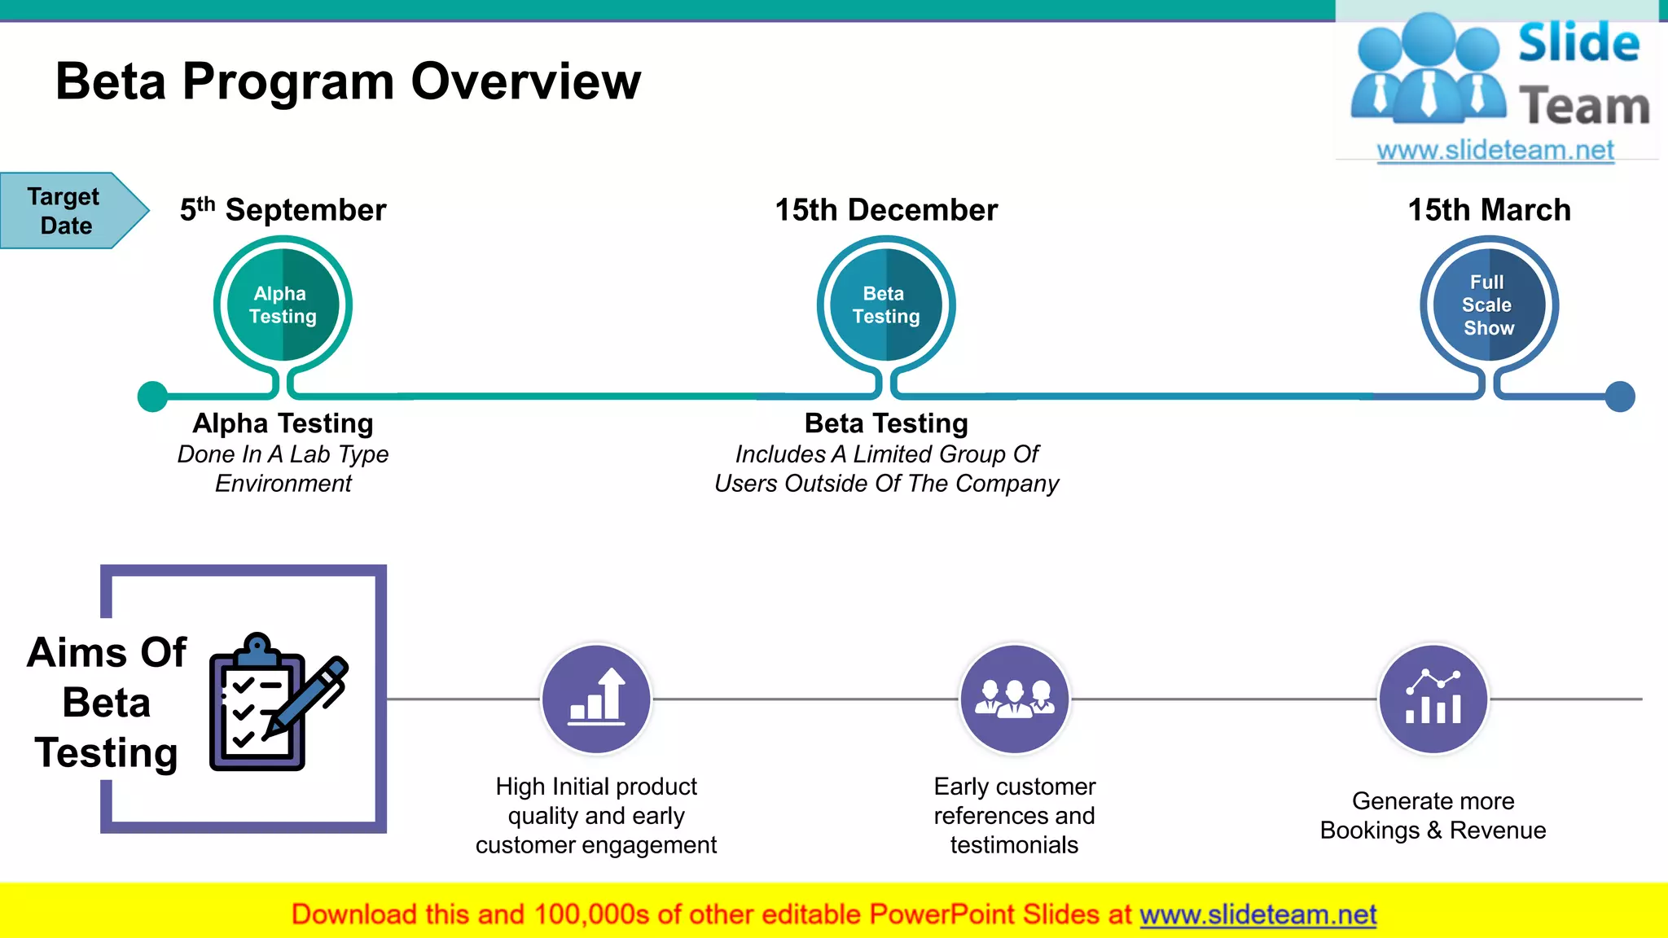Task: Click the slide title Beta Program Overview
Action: [348, 81]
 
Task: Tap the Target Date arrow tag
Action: [69, 210]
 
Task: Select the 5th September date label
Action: [283, 210]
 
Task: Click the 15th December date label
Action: [886, 210]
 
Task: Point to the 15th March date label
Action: [1489, 210]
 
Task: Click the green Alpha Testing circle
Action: [283, 305]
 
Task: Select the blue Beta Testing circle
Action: [886, 305]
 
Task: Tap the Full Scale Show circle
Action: [1489, 305]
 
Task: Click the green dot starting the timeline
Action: [152, 397]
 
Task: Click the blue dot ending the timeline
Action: [1620, 397]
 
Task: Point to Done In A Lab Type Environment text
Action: [283, 469]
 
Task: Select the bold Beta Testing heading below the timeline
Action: [886, 423]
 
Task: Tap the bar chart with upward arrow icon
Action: [597, 699]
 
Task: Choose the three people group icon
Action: [1015, 699]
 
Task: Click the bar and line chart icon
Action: [1433, 699]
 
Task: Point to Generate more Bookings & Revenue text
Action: [1433, 816]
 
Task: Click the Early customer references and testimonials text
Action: [1015, 816]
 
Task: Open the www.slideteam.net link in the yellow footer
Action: [1258, 915]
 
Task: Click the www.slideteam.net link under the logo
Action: [1495, 151]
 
